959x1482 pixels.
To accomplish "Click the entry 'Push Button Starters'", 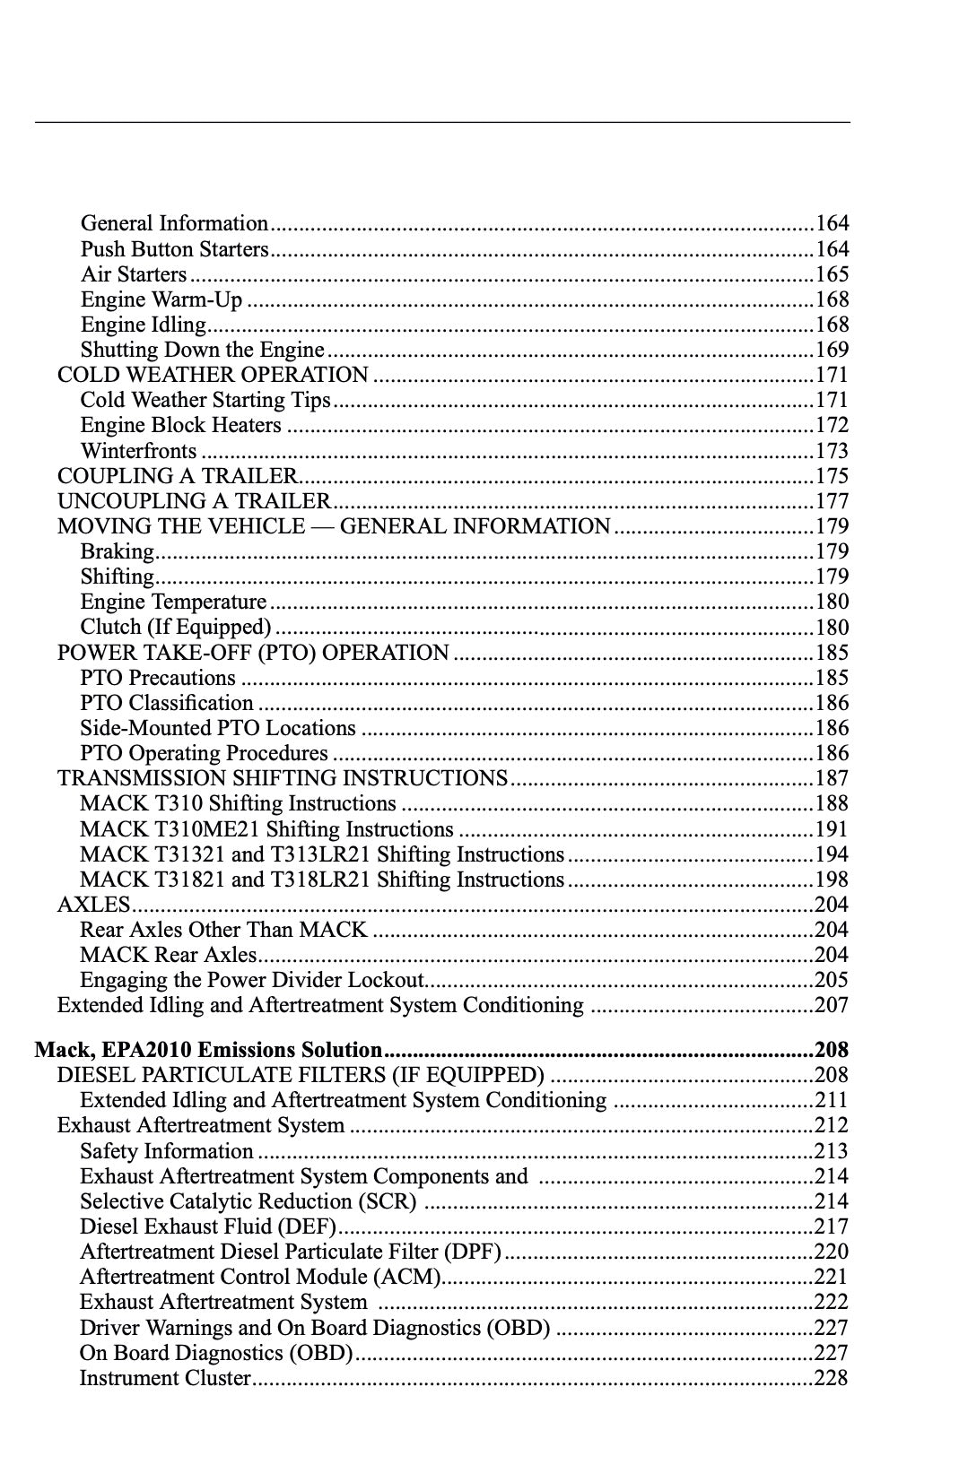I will click(x=174, y=249).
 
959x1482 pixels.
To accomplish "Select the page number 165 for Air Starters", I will click(x=831, y=274).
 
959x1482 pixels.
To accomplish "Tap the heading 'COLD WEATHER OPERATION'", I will click(x=213, y=375).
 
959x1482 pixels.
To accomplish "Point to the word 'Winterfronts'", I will click(x=138, y=451).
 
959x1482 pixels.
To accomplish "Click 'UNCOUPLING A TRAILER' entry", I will click(x=194, y=501).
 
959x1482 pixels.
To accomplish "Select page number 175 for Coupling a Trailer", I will click(x=831, y=476).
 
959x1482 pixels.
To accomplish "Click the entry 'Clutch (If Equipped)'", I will click(x=175, y=627).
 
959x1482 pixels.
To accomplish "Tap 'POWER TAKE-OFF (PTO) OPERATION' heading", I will click(x=253, y=653).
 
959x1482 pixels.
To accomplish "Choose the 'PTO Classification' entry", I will click(x=166, y=703).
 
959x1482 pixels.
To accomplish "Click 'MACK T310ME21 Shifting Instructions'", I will click(x=266, y=829).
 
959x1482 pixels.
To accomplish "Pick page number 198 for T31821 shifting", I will click(x=831, y=880).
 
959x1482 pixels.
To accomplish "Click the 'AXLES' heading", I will click(x=93, y=905).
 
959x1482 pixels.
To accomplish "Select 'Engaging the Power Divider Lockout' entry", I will click(x=251, y=980).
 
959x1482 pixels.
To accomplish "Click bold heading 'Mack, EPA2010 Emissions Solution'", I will click(x=208, y=1050).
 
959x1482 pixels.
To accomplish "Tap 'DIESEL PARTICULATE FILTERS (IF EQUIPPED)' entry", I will click(x=301, y=1075).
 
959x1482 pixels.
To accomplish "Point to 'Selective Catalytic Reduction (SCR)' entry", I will click(x=248, y=1201).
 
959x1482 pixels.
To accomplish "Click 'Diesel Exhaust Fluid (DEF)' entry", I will click(x=207, y=1226).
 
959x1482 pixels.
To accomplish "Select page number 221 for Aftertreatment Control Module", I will click(x=831, y=1277).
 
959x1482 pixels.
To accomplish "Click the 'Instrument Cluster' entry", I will click(x=165, y=1378).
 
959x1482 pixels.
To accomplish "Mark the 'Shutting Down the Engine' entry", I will click(x=202, y=350).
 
